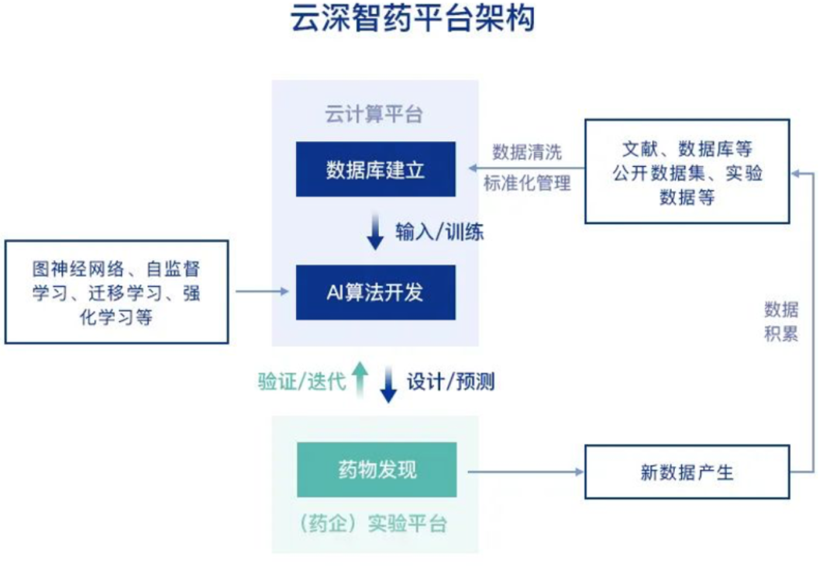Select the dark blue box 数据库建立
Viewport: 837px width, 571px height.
[x=376, y=169]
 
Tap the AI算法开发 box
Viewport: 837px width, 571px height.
[x=376, y=292]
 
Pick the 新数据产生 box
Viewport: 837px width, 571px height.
[x=687, y=472]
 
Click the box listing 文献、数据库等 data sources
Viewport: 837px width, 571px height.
[x=687, y=171]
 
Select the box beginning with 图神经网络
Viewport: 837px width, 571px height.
[x=116, y=292]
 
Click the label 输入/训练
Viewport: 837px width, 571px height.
[x=439, y=232]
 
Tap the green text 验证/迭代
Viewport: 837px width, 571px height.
[x=302, y=382]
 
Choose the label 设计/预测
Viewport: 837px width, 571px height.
[x=450, y=382]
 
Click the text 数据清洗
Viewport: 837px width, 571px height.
[x=527, y=151]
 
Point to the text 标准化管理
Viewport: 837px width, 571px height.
[x=527, y=184]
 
